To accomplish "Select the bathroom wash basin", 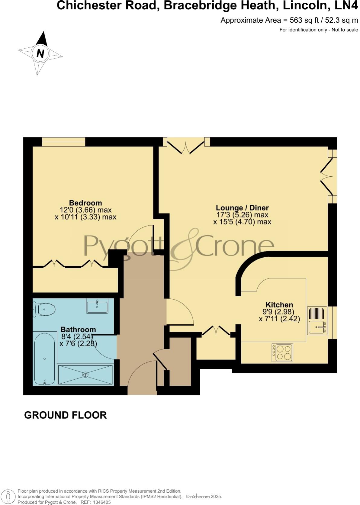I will [x=97, y=306].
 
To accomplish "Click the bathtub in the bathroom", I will [x=45, y=359].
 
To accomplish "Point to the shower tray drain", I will [x=85, y=375].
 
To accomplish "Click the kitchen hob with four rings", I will [x=282, y=353].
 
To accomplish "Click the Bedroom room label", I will [x=85, y=203].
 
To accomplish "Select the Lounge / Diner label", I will [x=242, y=208].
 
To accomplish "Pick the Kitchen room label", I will [x=279, y=305].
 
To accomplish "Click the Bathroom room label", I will [x=78, y=330].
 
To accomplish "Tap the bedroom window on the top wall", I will [x=63, y=142].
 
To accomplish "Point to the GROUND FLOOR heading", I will [x=65, y=415].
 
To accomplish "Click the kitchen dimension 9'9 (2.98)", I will [x=278, y=312].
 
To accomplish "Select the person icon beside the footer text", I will [x=9, y=497].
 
